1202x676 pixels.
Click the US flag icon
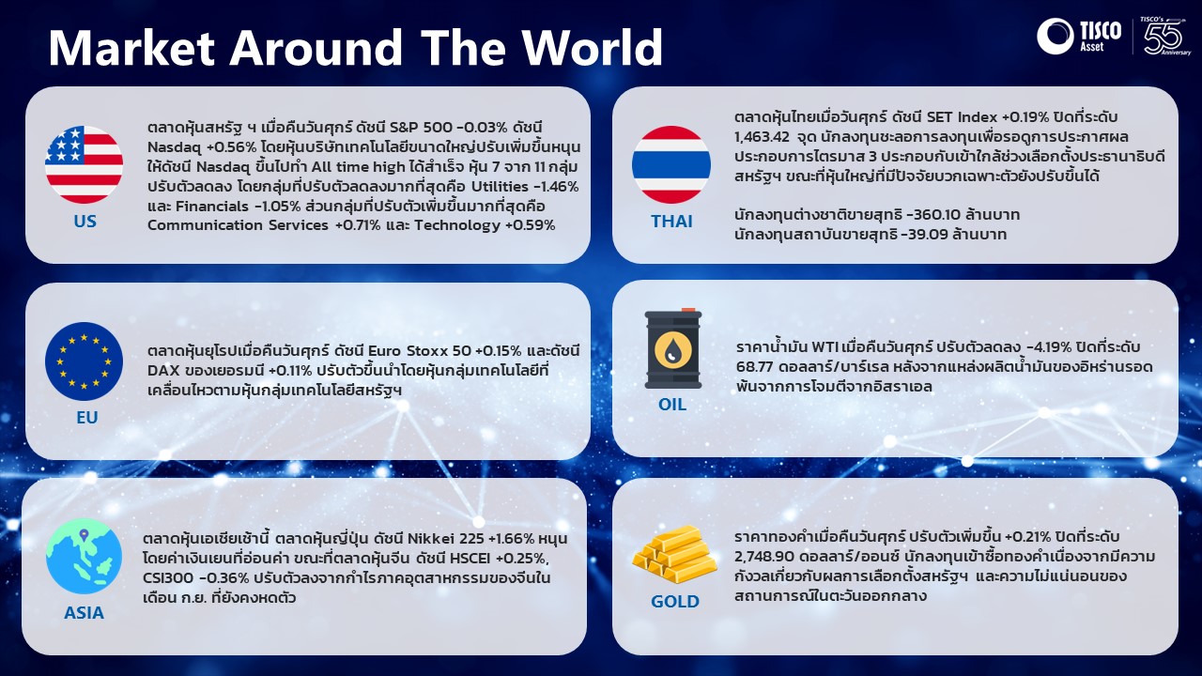[84, 164]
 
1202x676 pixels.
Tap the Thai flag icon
[671, 164]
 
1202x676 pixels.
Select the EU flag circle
[84, 361]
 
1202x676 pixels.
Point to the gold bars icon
[674, 554]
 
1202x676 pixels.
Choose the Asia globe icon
[84, 556]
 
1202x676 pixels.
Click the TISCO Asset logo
[1079, 36]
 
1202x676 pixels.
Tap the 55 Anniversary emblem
[1165, 36]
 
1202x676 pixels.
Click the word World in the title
[593, 47]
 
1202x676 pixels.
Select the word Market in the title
[132, 47]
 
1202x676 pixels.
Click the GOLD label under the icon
[674, 602]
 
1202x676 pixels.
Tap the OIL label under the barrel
[672, 404]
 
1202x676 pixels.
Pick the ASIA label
[84, 613]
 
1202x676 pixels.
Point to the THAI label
[671, 221]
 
